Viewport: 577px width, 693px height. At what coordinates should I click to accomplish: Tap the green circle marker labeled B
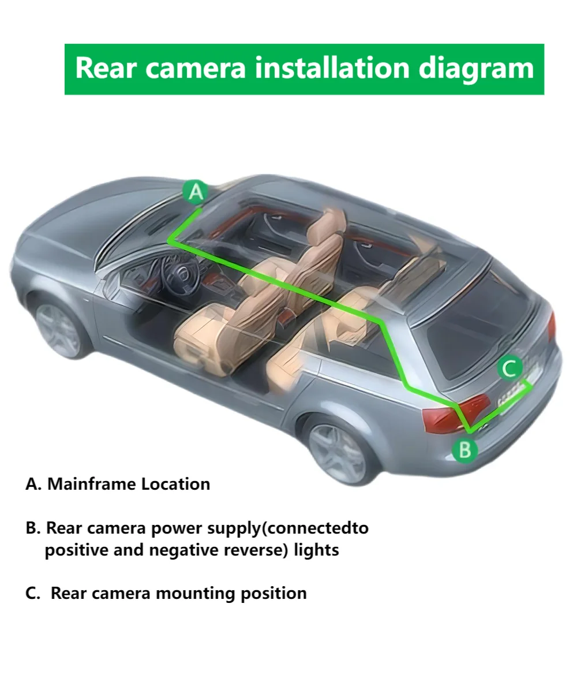click(x=464, y=450)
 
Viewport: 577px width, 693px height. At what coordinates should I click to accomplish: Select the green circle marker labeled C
click(x=509, y=368)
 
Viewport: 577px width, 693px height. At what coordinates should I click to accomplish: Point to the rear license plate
click(x=514, y=394)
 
